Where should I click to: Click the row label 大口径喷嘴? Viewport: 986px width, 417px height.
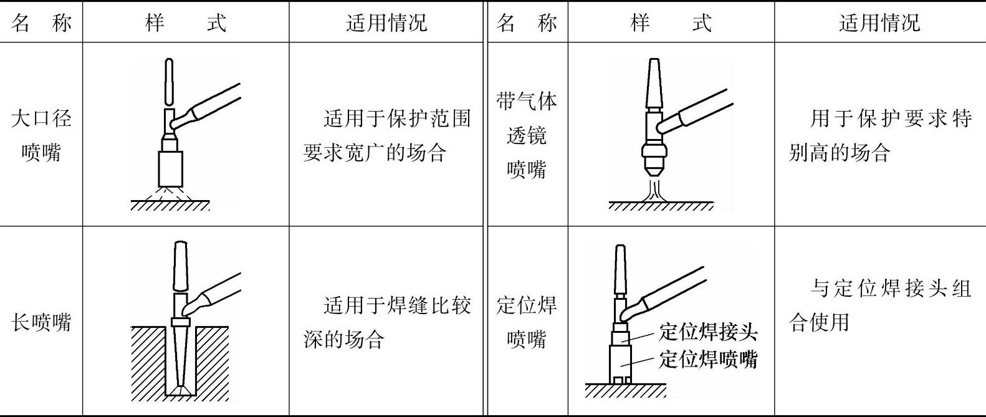pos(41,135)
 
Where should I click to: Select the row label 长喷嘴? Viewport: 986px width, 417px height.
pos(41,322)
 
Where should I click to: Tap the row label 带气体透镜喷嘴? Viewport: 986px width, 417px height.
pos(527,135)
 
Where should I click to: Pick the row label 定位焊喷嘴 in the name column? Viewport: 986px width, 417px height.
pos(527,322)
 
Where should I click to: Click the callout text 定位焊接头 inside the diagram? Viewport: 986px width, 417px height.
pos(708,332)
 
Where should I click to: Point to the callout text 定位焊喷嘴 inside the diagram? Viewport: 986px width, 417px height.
pos(708,360)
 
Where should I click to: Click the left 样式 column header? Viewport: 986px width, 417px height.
pos(185,23)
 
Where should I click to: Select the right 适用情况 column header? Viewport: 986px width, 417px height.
pos(879,23)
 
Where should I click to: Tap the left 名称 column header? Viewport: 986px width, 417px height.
pos(41,23)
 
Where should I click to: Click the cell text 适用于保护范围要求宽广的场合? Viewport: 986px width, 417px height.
pos(386,135)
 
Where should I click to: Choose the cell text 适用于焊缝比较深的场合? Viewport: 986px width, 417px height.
pos(386,322)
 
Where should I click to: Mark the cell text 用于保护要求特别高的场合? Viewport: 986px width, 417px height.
pos(879,135)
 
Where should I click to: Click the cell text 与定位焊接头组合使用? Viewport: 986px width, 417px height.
pos(879,305)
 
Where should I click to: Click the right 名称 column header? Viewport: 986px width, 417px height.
pos(527,23)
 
